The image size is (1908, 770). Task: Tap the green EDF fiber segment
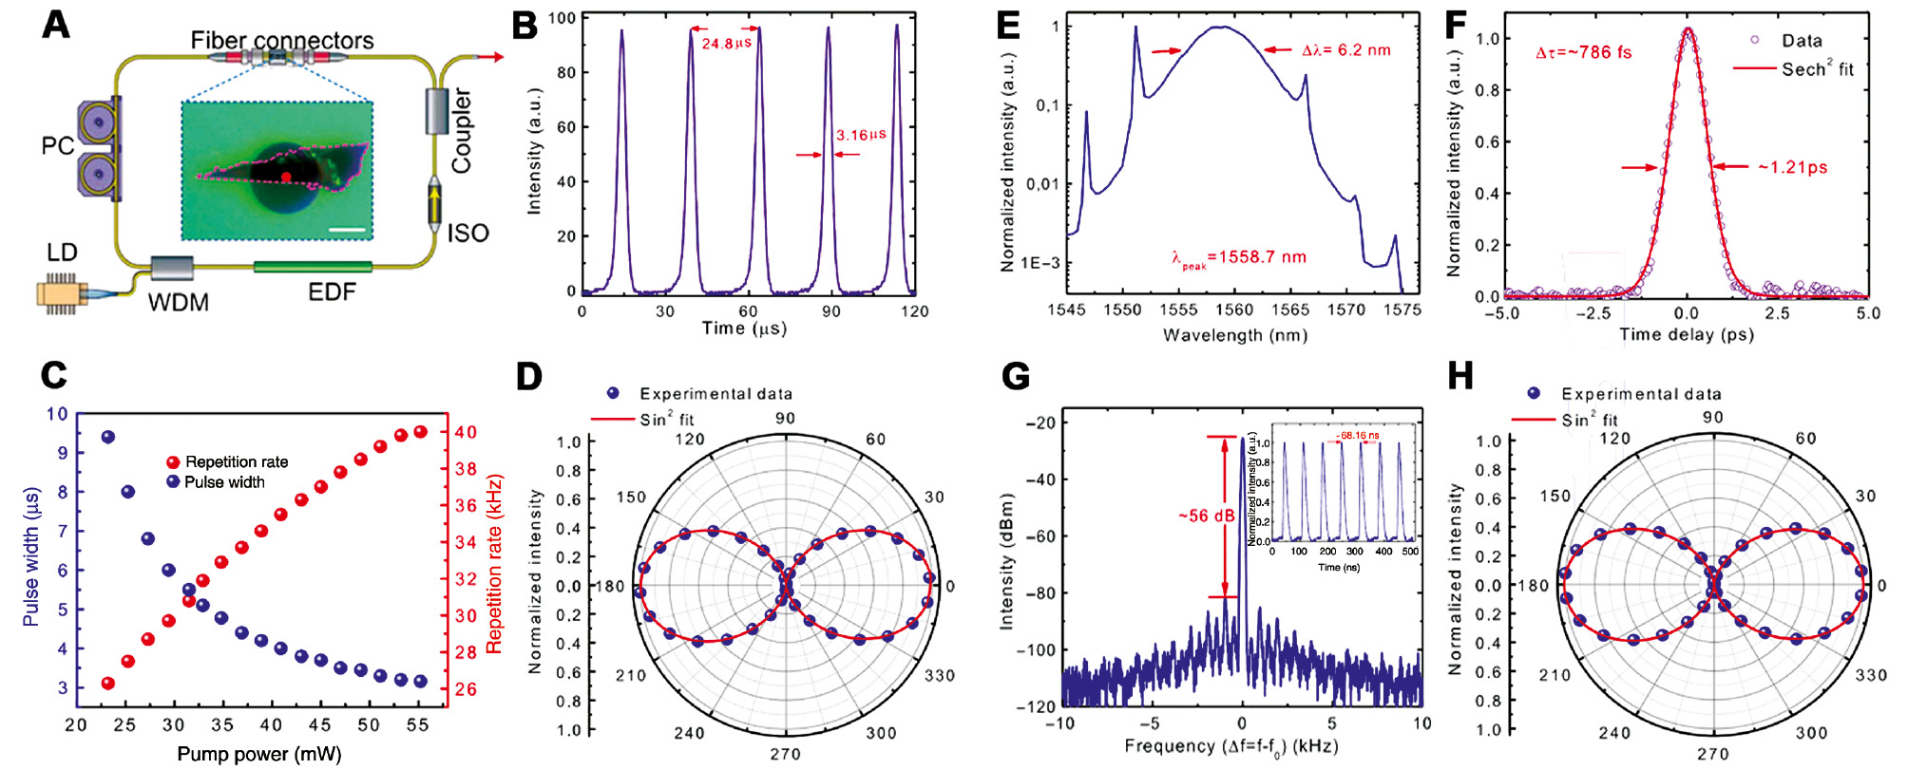pos(313,267)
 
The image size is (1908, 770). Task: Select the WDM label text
pos(178,303)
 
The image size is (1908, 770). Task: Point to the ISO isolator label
pos(467,234)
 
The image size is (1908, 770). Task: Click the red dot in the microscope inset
pos(286,178)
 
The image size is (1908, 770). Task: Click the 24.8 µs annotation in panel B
pos(727,44)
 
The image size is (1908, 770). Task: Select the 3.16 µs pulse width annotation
pos(860,135)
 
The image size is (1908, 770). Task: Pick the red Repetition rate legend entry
pos(228,462)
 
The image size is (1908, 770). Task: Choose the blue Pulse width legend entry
pos(217,482)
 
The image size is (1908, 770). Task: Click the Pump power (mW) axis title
pos(259,755)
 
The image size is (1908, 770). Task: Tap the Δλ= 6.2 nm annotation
pos(1345,50)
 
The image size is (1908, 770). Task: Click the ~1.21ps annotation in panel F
pos(1792,168)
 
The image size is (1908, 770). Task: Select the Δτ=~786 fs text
pos(1583,53)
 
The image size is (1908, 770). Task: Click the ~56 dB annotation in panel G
pos(1206,516)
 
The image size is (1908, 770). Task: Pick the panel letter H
pos(1460,377)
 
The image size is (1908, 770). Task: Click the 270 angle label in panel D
pos(785,754)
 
